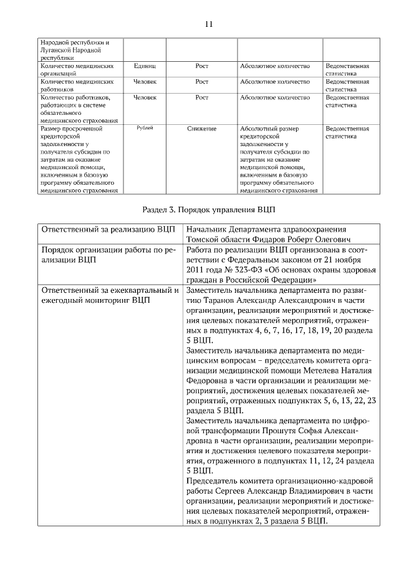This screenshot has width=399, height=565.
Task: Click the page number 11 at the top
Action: [208, 24]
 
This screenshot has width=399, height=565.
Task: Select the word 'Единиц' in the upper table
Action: [145, 65]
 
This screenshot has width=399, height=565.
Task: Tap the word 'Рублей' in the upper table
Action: [145, 127]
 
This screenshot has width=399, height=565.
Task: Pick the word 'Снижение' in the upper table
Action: [201, 128]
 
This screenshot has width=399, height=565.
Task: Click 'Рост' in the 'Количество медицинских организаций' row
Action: [201, 65]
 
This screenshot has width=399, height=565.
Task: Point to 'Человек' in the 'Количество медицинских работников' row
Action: [145, 81]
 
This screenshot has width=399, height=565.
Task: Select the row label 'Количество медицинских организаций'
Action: [76, 69]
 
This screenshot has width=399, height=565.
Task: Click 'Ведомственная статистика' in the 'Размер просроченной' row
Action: [347, 132]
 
